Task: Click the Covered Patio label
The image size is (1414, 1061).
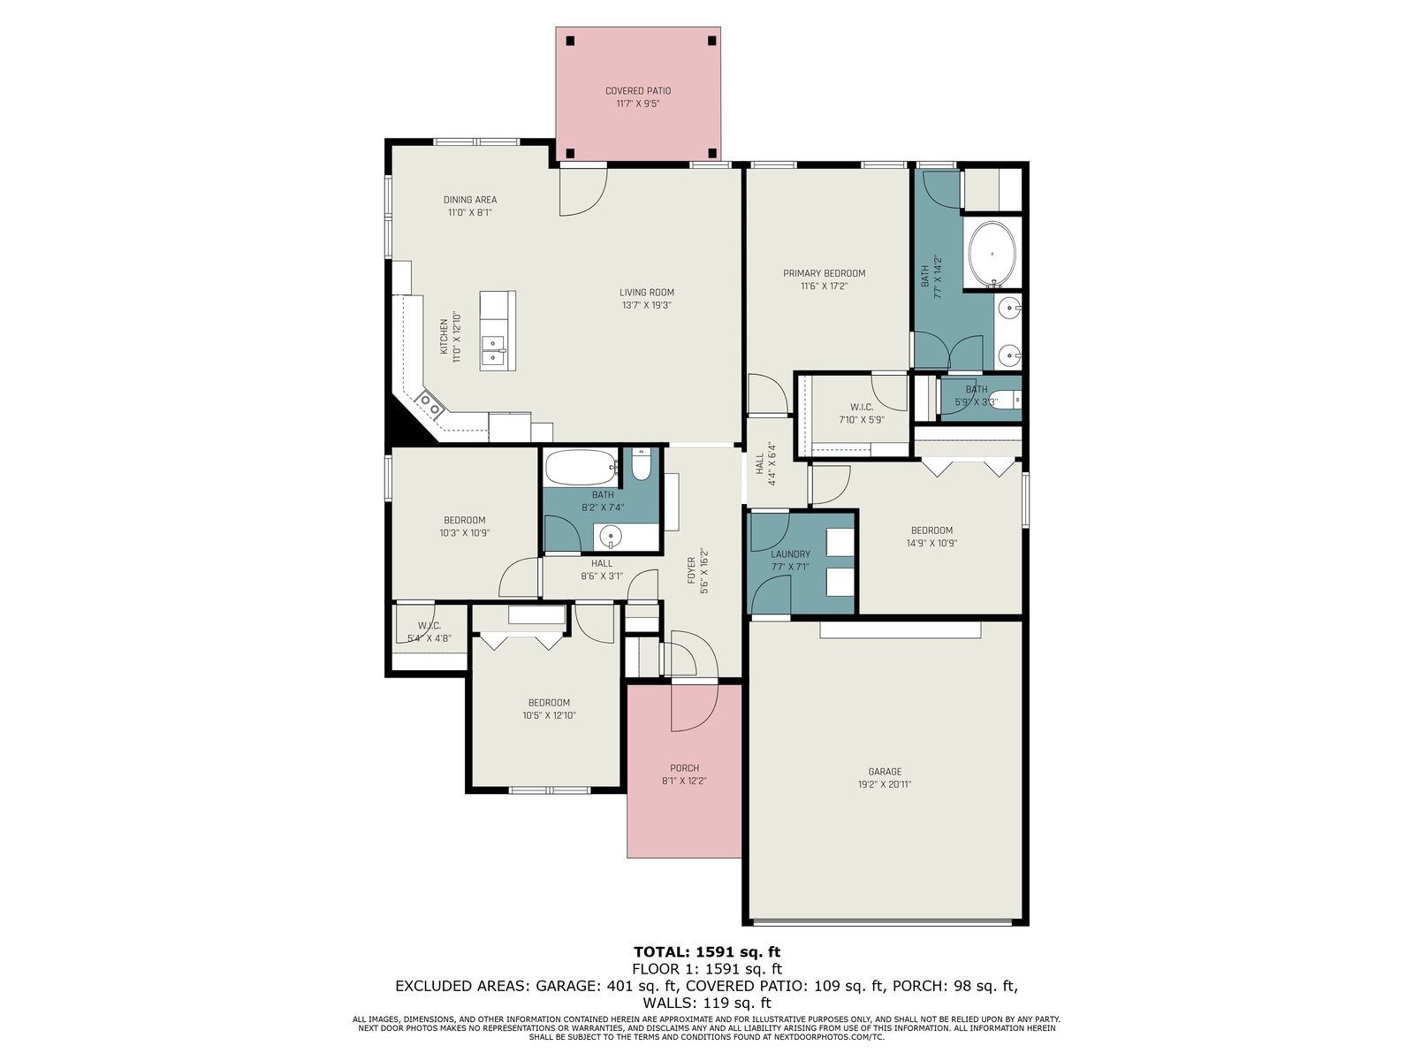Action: (637, 91)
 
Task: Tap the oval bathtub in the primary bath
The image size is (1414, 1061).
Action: (992, 255)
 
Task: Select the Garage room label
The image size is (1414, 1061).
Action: (884, 771)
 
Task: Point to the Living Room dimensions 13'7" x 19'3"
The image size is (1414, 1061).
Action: (646, 305)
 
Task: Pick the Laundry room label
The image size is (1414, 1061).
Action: (790, 553)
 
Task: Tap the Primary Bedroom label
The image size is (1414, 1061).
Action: (824, 273)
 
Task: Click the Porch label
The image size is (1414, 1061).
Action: (684, 767)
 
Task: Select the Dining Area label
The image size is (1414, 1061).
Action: (469, 200)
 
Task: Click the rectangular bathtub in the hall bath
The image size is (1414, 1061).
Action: (582, 467)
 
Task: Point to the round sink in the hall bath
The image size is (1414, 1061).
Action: (610, 535)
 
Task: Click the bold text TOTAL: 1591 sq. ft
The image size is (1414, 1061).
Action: (707, 951)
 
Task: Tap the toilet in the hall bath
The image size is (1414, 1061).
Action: (641, 464)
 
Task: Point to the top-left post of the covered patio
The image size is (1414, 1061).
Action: (569, 42)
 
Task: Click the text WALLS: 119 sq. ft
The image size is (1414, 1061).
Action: (707, 1003)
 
